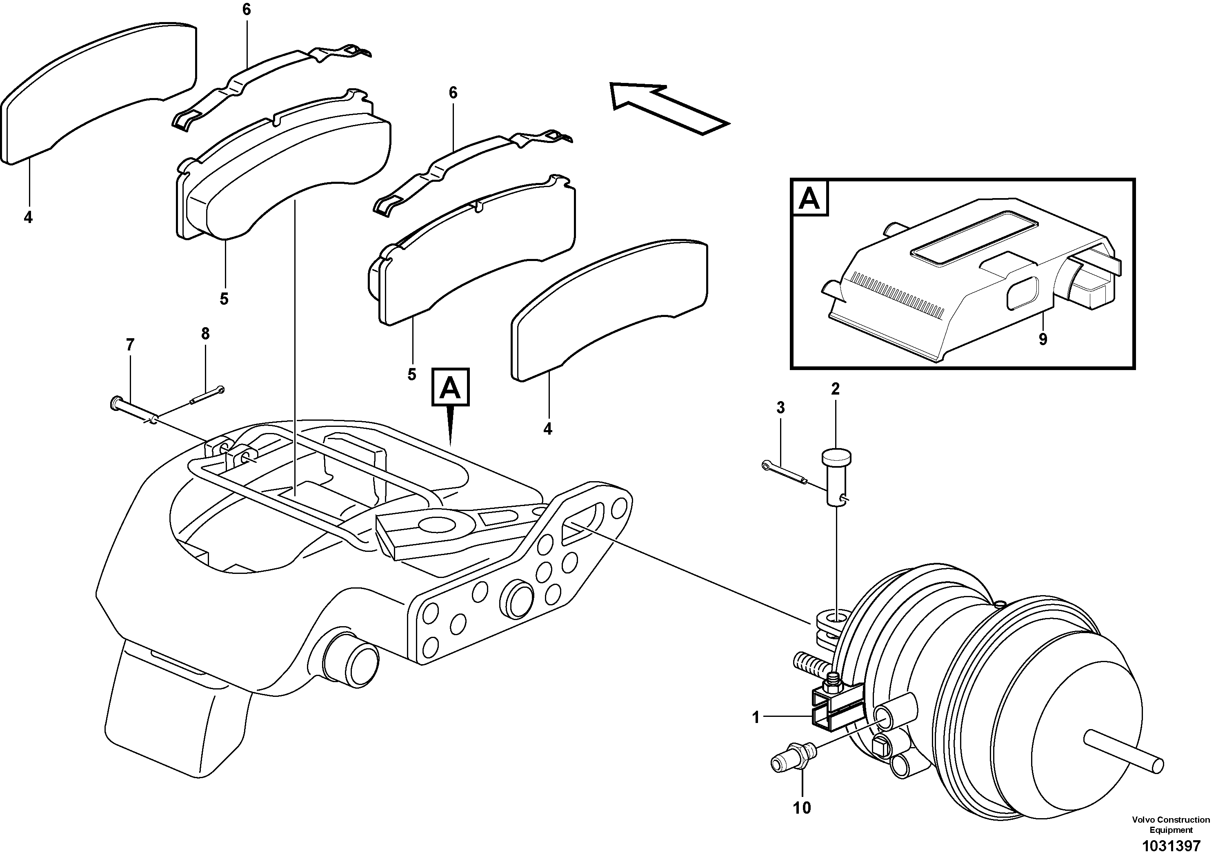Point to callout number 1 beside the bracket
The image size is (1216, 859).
(756, 718)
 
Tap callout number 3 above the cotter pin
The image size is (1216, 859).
(780, 408)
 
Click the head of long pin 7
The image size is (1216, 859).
(115, 404)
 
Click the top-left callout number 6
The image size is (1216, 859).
(247, 9)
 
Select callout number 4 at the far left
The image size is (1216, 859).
(28, 217)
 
